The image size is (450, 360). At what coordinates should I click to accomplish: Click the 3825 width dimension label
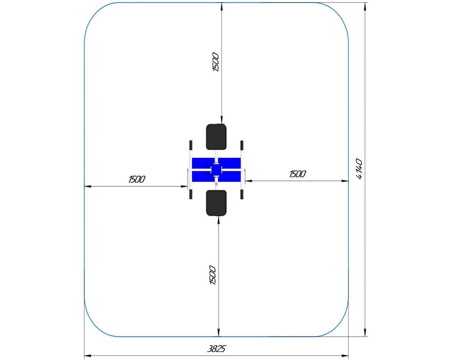pos(216,349)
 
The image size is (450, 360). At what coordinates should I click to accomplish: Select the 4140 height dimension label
pos(359,169)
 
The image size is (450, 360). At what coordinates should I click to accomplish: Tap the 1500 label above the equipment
pos(216,62)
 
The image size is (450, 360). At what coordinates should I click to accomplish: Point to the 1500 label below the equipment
pos(213,275)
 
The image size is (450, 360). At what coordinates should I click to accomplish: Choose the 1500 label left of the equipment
pos(137,180)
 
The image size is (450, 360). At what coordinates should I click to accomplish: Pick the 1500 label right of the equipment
pos(297,174)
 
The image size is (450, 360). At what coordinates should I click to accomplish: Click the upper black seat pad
pos(216,137)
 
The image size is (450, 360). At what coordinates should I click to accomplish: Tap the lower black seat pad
pos(216,203)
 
